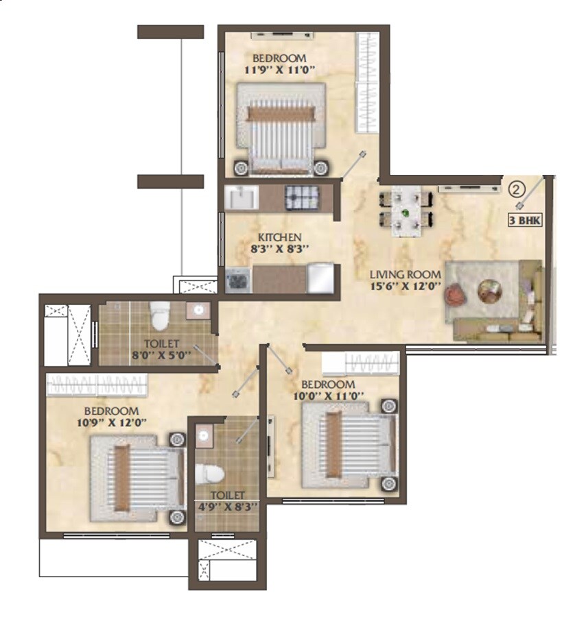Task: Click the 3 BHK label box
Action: [x=523, y=221]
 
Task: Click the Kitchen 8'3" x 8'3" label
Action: [x=279, y=243]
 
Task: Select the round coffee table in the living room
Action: [x=489, y=291]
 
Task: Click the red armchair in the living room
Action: [x=455, y=295]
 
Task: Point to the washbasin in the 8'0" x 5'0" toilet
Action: [x=198, y=310]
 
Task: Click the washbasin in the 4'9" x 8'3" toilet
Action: [x=204, y=435]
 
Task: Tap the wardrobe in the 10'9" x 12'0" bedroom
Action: [x=96, y=385]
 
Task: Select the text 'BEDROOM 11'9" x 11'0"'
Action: [x=279, y=64]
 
